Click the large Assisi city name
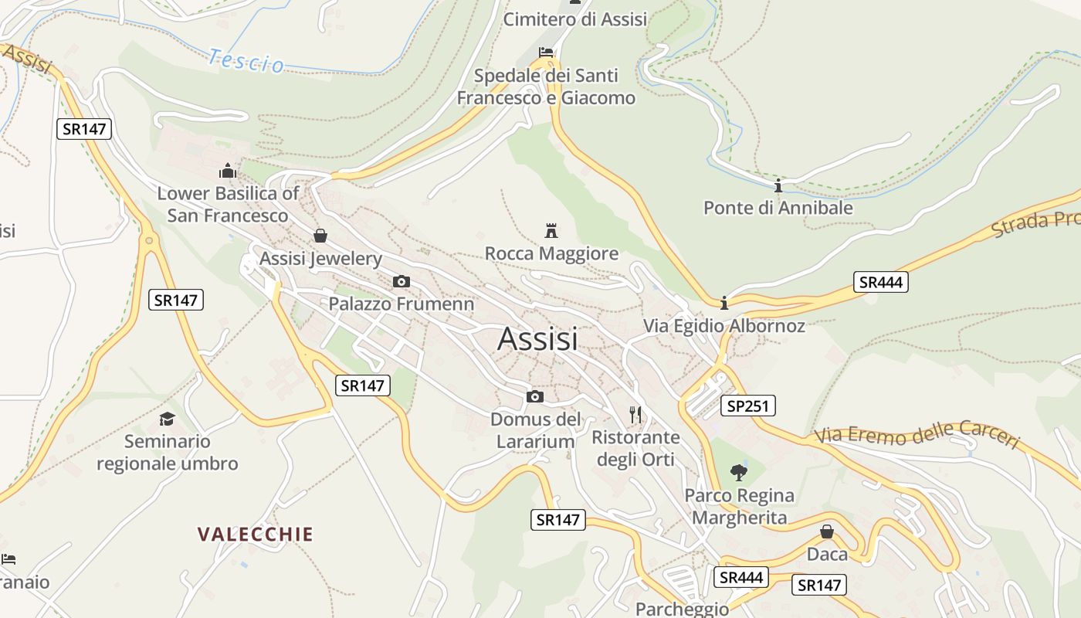coord(537,339)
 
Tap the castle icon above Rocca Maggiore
coord(551,230)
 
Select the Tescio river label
coord(246,60)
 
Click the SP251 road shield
coord(747,406)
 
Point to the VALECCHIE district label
coord(256,535)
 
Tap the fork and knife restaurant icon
coord(635,415)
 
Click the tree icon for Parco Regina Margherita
coord(739,472)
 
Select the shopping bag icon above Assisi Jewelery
coord(320,236)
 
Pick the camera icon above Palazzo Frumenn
coord(402,281)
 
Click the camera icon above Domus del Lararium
coord(535,397)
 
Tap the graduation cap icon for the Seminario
coord(167,419)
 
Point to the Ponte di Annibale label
coord(778,208)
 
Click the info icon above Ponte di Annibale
coord(778,185)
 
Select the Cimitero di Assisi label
coord(575,19)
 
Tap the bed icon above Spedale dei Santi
coord(546,53)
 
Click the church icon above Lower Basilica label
coord(228,170)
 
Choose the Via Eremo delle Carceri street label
coord(917,435)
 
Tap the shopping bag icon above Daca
coord(827,531)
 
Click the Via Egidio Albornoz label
coord(724,326)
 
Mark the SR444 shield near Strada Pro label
coord(880,282)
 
